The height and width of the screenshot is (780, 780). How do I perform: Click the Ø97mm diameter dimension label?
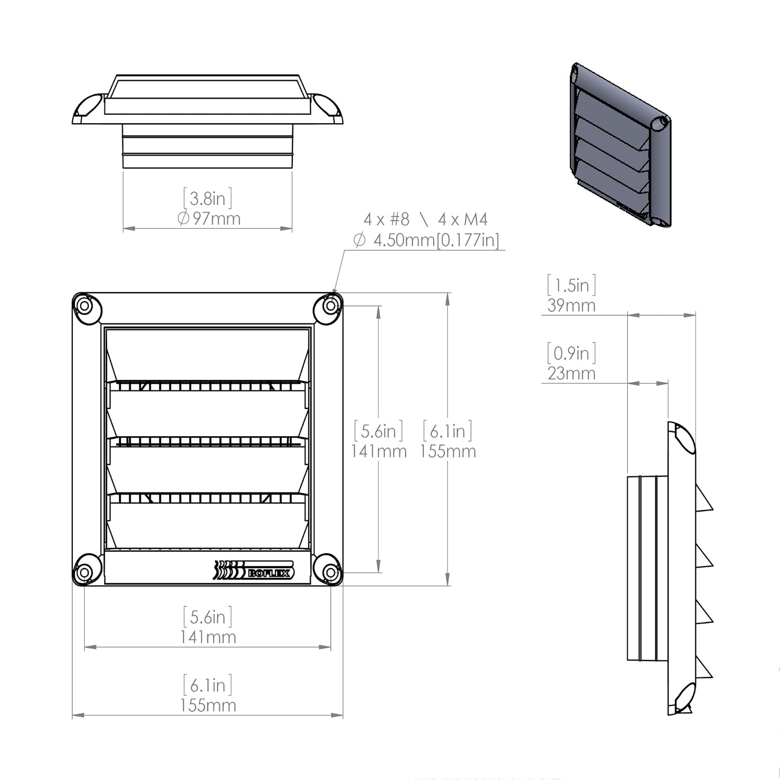pos(209,218)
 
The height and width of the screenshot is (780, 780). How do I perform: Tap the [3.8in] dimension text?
pos(207,198)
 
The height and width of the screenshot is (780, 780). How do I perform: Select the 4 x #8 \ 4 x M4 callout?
pos(425,219)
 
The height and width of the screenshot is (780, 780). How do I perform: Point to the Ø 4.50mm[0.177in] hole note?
pos(426,240)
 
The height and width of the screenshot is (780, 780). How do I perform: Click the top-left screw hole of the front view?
pos(84,306)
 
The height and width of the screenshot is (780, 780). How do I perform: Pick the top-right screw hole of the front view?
pos(331,306)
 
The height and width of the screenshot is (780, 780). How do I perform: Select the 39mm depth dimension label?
pos(571,305)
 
